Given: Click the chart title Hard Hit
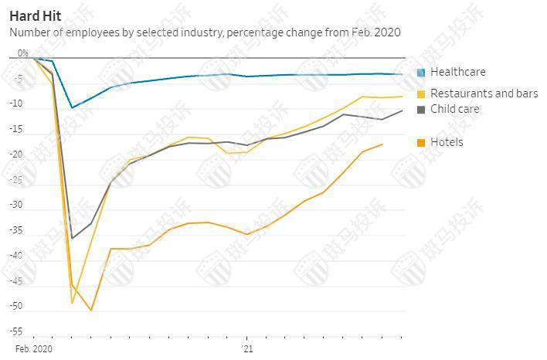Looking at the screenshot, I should pyautogui.click(x=36, y=15).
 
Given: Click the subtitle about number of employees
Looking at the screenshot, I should pyautogui.click(x=205, y=32).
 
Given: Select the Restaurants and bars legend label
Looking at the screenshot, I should pyautogui.click(x=484, y=93).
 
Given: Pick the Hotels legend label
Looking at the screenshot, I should pyautogui.click(x=447, y=142).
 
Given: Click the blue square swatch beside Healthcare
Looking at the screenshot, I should pyautogui.click(x=421, y=73).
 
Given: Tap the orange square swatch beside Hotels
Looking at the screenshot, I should pyautogui.click(x=421, y=143).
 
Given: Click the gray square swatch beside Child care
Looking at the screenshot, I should pyautogui.click(x=421, y=110).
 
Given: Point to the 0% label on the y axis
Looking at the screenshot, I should pyautogui.click(x=22, y=53).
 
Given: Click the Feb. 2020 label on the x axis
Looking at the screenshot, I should pyautogui.click(x=33, y=349).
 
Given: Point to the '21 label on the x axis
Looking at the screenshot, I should pyautogui.click(x=246, y=349).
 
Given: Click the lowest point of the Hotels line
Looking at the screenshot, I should pyautogui.click(x=91, y=311).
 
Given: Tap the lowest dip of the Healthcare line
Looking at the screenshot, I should pyautogui.click(x=72, y=107).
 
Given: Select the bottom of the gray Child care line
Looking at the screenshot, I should pyautogui.click(x=72, y=238).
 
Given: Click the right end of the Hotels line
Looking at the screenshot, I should pyautogui.click(x=382, y=144).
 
